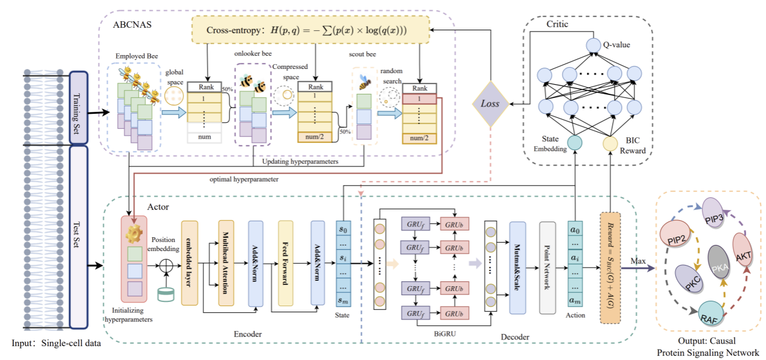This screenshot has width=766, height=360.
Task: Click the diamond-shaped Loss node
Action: [489, 103]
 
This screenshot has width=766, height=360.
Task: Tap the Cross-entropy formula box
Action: [310, 30]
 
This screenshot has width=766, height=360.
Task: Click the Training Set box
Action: [79, 108]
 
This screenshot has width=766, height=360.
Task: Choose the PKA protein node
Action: [718, 261]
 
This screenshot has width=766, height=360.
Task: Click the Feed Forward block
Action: [286, 262]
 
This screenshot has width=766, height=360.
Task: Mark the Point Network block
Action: [547, 268]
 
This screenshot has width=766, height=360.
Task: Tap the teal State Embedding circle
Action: [575, 143]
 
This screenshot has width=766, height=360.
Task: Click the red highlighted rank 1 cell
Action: [419, 98]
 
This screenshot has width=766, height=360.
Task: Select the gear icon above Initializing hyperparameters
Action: [134, 233]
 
